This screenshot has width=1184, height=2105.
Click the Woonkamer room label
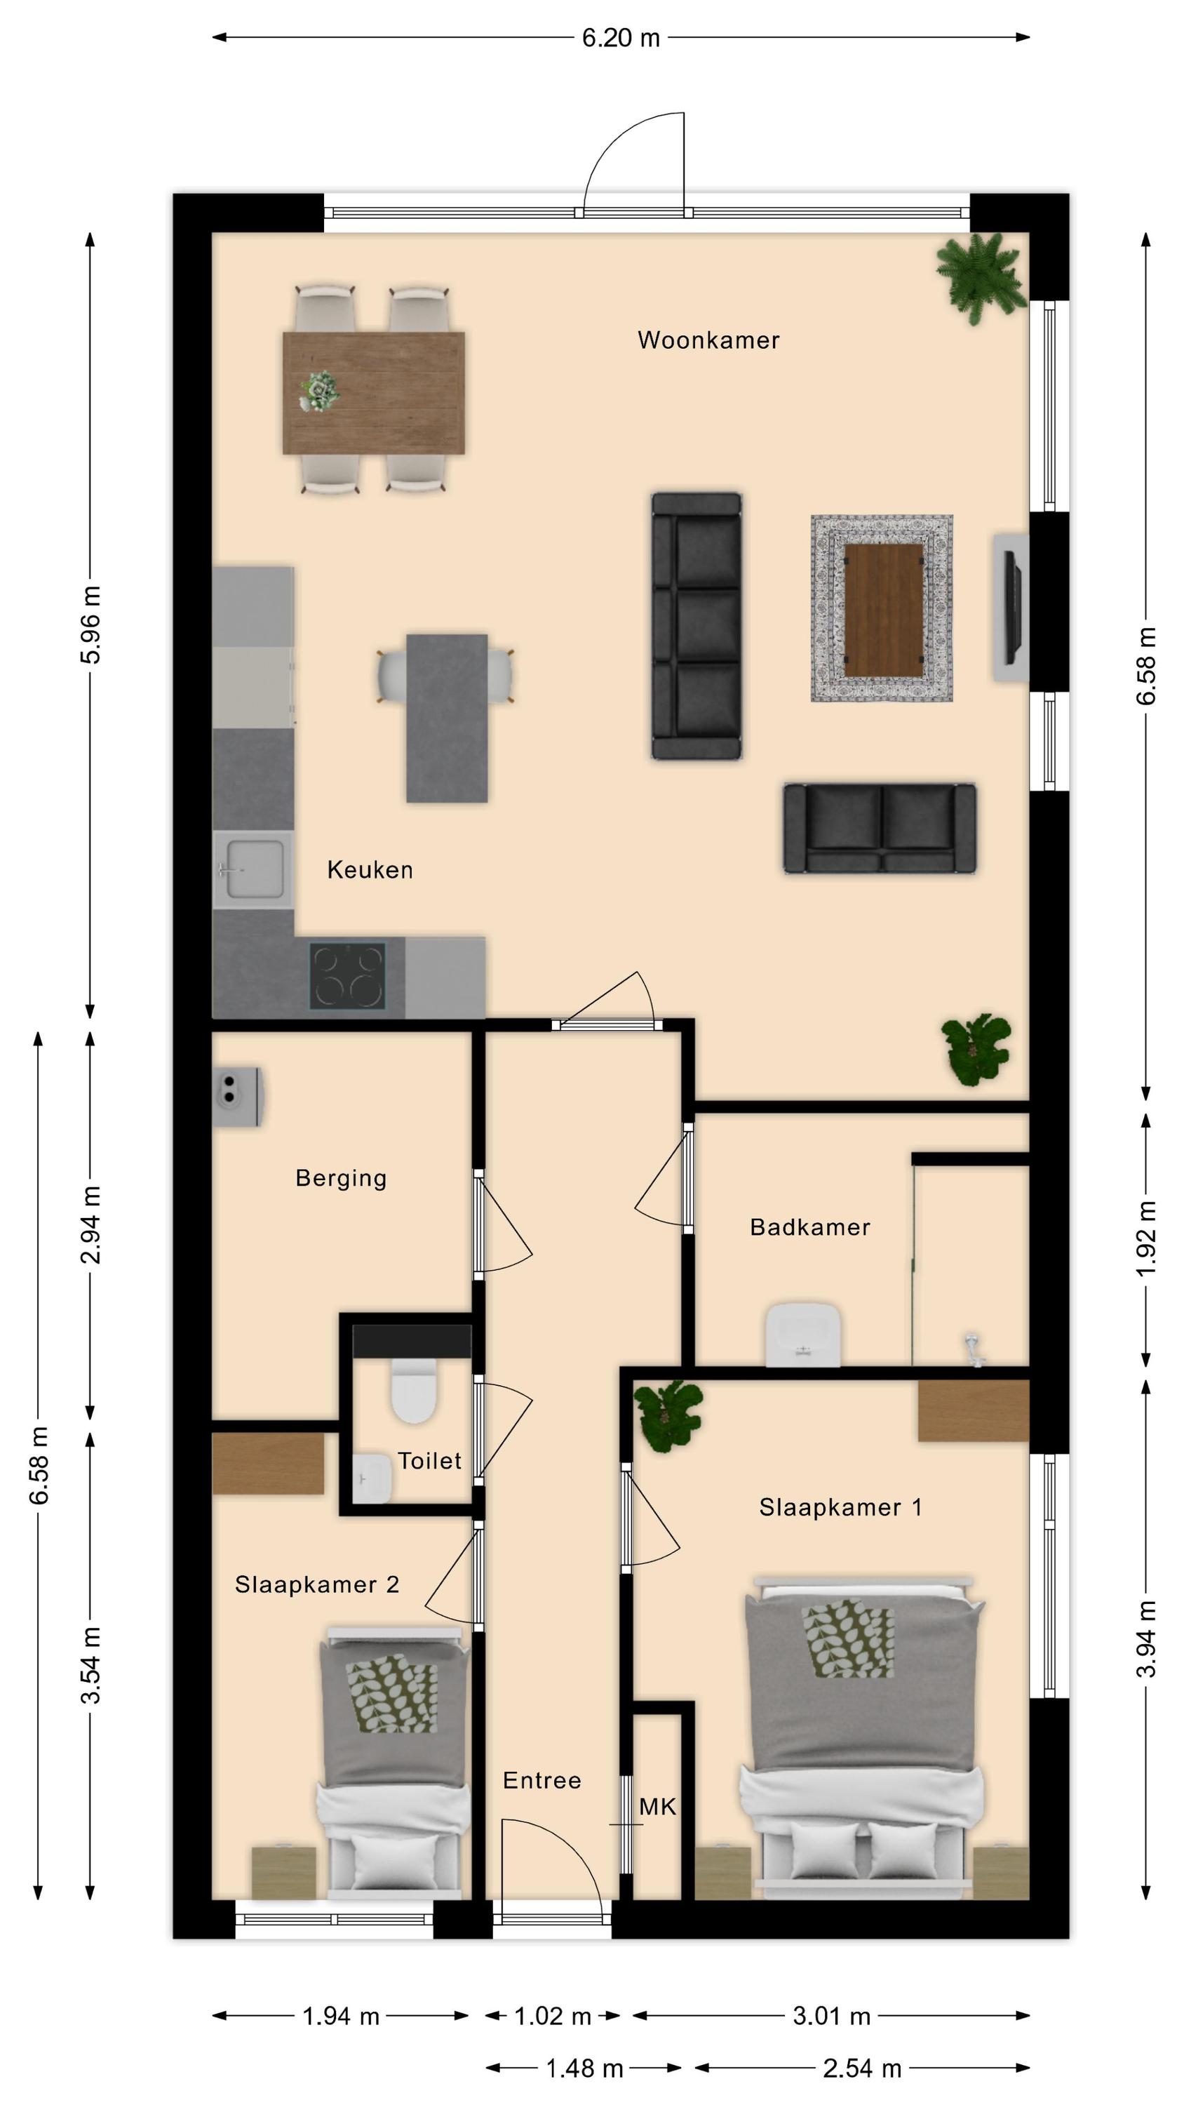[708, 340]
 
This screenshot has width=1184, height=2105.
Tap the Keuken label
[370, 869]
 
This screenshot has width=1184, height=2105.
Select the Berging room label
[341, 1178]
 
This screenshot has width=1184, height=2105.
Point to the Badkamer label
[809, 1227]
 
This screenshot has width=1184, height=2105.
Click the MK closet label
[658, 1807]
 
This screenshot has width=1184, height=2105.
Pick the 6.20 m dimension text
[621, 38]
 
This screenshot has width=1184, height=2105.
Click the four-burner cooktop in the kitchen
[347, 976]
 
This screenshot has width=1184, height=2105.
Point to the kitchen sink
[253, 869]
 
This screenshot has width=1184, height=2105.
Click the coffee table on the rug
[883, 610]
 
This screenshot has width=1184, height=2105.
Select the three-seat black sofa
[697, 626]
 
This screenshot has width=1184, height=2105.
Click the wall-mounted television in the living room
[1014, 607]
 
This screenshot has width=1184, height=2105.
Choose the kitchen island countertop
[447, 719]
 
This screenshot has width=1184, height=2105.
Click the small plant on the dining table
[318, 391]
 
